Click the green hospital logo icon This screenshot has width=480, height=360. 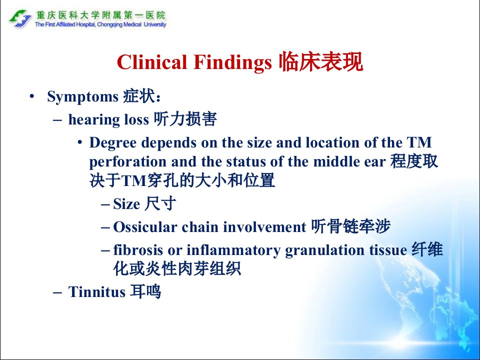pos(20,18)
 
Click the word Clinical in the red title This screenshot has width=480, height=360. pos(152,62)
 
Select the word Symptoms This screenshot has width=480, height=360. pos(82,97)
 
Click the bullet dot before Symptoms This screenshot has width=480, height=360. pos(31,96)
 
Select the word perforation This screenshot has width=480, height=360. pos(127,162)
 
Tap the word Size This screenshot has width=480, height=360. pos(126,204)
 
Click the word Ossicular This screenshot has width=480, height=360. pos(145,227)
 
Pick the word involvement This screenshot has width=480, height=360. pos(264,227)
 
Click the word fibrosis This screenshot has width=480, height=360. pos(138,250)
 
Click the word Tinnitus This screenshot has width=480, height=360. pos(96,291)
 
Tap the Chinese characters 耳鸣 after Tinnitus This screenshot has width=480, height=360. pos(145,291)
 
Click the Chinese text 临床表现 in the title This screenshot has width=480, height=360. pos(321,62)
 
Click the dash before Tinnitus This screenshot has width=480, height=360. pos(57,292)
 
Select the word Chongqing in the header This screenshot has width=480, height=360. pos(110,25)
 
